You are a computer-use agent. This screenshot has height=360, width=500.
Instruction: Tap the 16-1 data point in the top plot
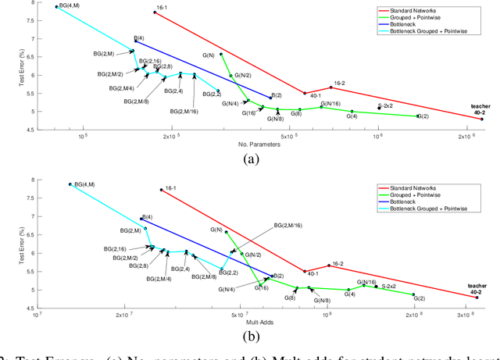(155, 12)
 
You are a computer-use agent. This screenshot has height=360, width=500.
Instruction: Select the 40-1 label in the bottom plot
(312, 275)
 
